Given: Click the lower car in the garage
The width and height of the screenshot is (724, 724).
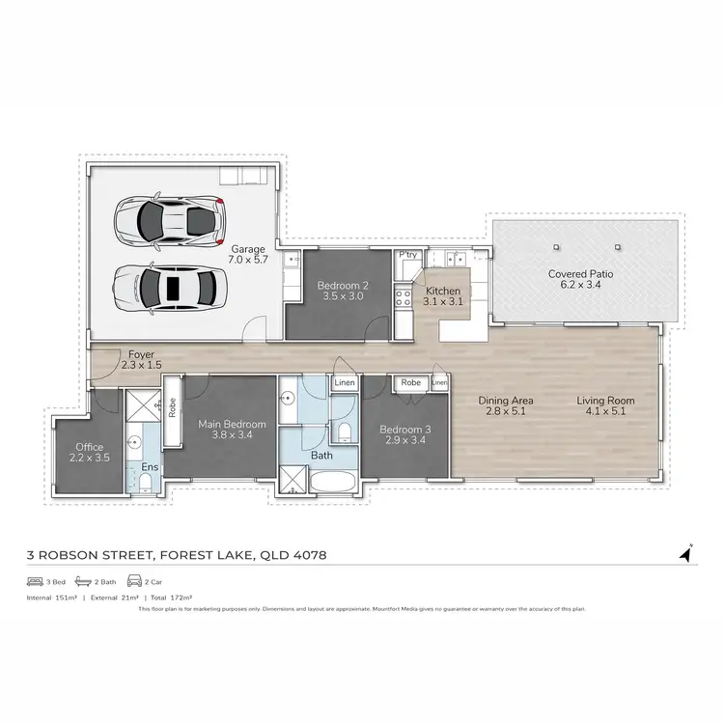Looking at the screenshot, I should pyautogui.click(x=170, y=287).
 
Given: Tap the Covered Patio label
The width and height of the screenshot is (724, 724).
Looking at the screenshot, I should pyautogui.click(x=574, y=274).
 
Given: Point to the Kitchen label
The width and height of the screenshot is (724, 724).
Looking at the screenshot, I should pyautogui.click(x=442, y=291).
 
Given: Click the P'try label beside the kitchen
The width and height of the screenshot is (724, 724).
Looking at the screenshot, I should pyautogui.click(x=407, y=255).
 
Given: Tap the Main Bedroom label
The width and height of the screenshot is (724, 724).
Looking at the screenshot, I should pyautogui.click(x=225, y=422).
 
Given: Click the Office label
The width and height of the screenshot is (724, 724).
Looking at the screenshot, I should pyautogui.click(x=89, y=447).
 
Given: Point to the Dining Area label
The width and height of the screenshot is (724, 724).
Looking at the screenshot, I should pyautogui.click(x=507, y=401).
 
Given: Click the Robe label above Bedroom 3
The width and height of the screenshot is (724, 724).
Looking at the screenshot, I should pyautogui.click(x=410, y=383).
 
